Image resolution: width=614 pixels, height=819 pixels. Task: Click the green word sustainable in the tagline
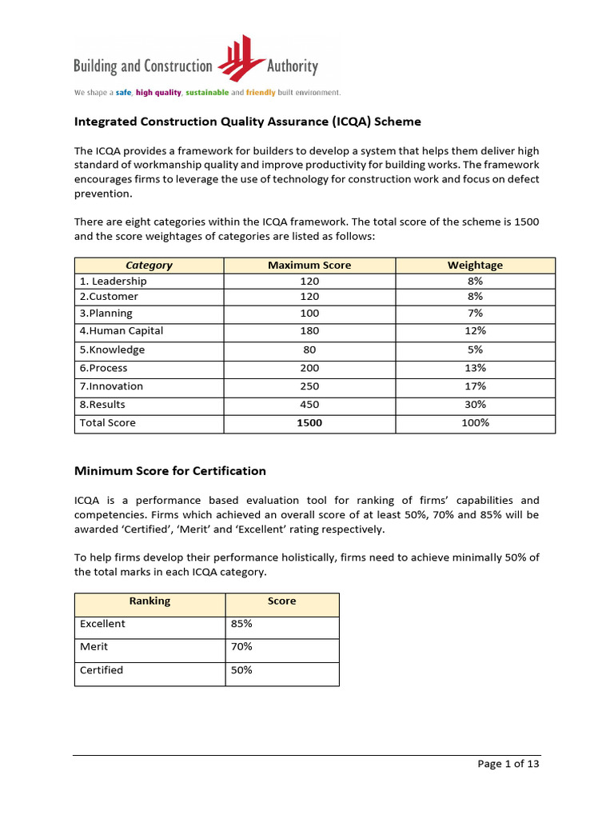[210, 93]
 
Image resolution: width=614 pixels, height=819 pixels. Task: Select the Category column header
[149, 265]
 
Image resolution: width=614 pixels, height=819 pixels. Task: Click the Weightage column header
[475, 265]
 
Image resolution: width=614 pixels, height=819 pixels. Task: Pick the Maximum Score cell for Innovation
[309, 386]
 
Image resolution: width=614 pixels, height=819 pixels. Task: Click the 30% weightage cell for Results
[475, 405]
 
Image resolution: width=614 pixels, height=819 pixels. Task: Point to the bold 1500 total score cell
[309, 423]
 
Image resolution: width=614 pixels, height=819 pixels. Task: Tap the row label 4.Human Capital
[122, 331]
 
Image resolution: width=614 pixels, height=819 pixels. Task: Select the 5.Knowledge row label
[113, 350]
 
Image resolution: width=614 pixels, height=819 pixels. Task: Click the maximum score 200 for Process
[309, 369]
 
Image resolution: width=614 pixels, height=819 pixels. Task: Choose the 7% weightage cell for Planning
[475, 314]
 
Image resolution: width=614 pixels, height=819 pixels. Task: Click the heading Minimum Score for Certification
[170, 470]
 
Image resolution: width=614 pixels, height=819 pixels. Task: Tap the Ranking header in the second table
[150, 601]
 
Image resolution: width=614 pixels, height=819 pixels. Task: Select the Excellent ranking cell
[103, 624]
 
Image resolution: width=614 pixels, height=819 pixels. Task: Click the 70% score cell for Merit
[241, 646]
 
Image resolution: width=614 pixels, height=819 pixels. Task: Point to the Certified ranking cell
[102, 670]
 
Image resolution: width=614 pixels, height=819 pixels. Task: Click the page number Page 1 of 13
[508, 764]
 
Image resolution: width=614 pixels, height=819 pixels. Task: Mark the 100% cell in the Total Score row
[475, 423]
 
